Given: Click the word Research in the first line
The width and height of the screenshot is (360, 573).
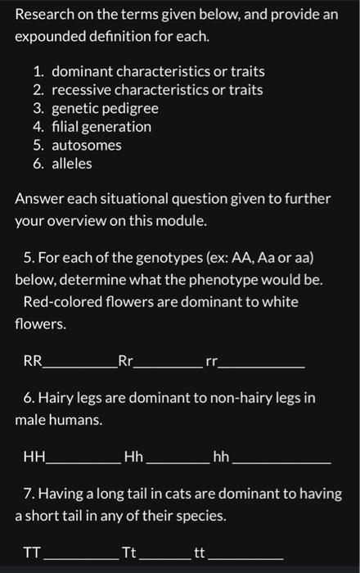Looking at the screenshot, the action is click(45, 15).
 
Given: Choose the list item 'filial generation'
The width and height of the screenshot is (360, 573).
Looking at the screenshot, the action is click(101, 127).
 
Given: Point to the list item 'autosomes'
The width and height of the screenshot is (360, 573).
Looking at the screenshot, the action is click(86, 145).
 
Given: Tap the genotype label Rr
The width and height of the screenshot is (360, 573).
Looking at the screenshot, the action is click(125, 360).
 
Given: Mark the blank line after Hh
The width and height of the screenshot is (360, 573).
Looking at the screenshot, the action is click(177, 462).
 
